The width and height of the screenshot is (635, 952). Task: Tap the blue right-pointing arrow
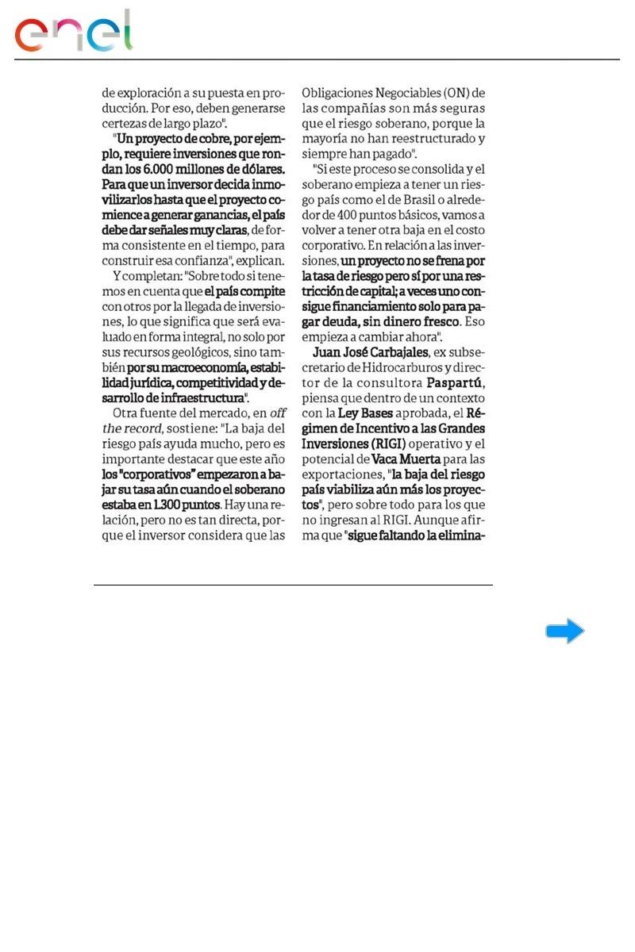(x=564, y=631)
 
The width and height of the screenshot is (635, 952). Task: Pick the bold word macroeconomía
(x=198, y=368)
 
